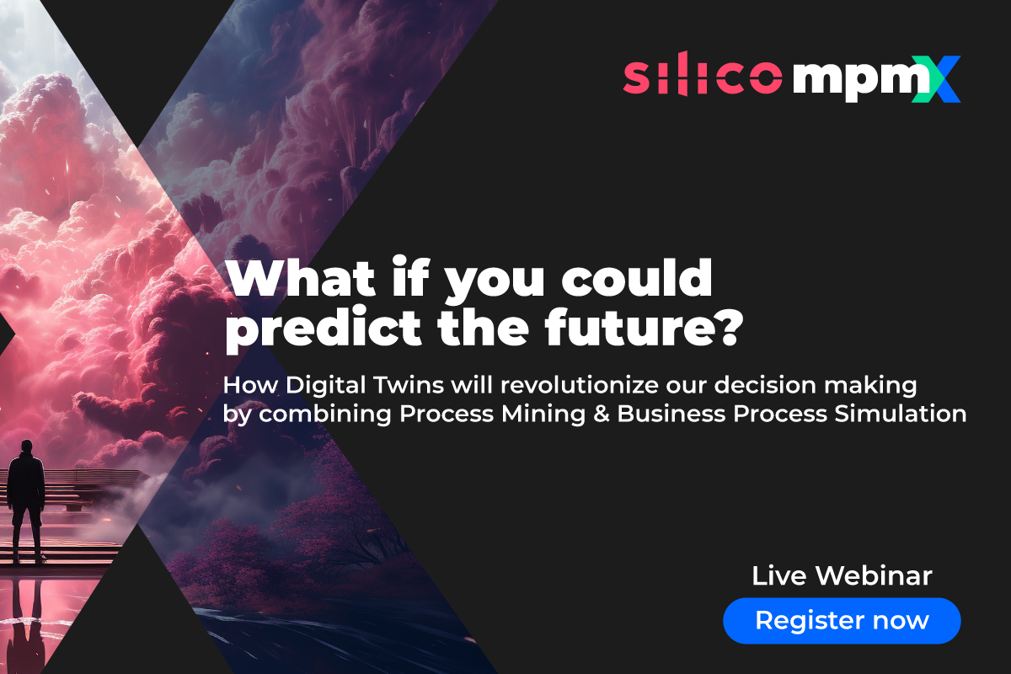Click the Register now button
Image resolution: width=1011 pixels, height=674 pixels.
click(x=842, y=620)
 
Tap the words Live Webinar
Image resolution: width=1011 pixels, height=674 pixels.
click(x=842, y=575)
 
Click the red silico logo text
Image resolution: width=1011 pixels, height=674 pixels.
click(x=703, y=74)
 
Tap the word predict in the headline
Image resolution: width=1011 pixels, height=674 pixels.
click(x=324, y=326)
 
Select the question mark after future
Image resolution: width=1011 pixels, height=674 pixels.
click(x=727, y=327)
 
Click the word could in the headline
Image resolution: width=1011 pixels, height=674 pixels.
click(x=636, y=277)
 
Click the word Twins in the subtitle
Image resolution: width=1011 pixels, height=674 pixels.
click(x=409, y=385)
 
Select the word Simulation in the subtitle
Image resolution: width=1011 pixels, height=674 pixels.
click(x=900, y=414)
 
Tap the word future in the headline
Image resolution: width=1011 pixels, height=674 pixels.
click(x=628, y=326)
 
